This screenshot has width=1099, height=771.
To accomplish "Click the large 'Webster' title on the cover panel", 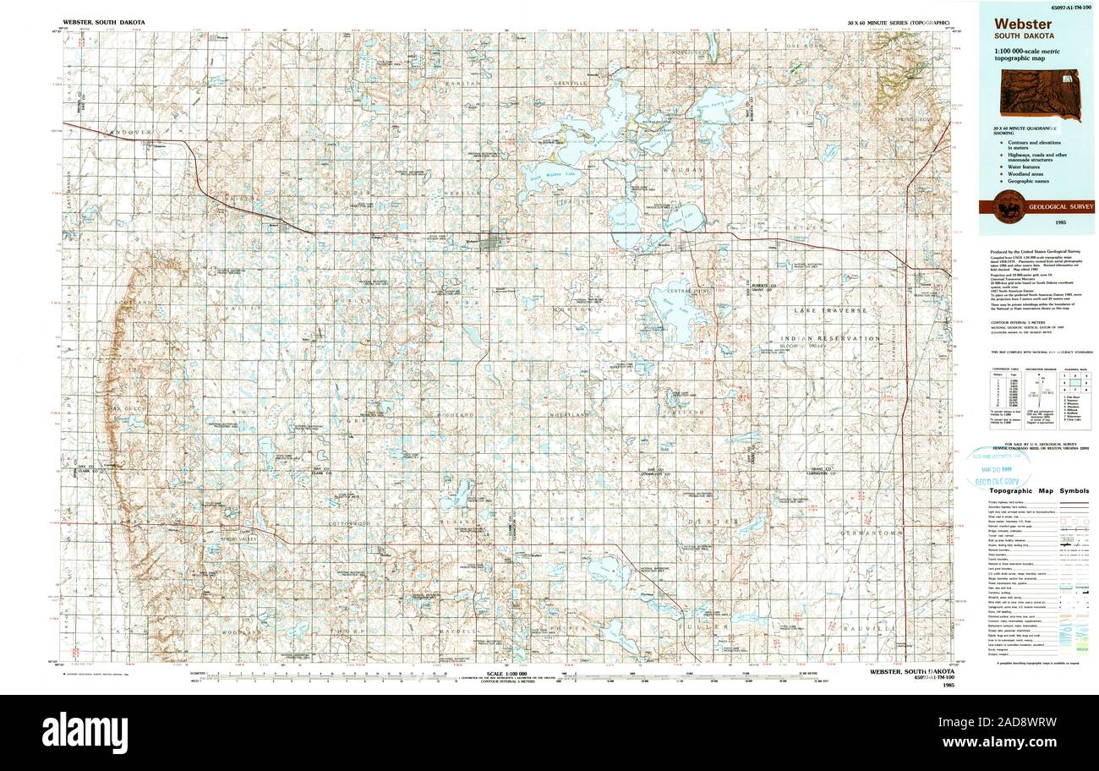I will tap(1023, 24).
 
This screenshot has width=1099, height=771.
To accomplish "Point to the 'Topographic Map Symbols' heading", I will tap(1039, 491).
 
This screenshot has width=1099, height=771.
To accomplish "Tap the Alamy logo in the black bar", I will tap(85, 732).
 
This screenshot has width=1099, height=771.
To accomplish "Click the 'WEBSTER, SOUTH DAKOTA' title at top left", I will tap(104, 21).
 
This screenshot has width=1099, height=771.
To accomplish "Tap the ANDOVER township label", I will tap(128, 133).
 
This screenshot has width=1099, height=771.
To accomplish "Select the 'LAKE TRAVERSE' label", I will tap(830, 311).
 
